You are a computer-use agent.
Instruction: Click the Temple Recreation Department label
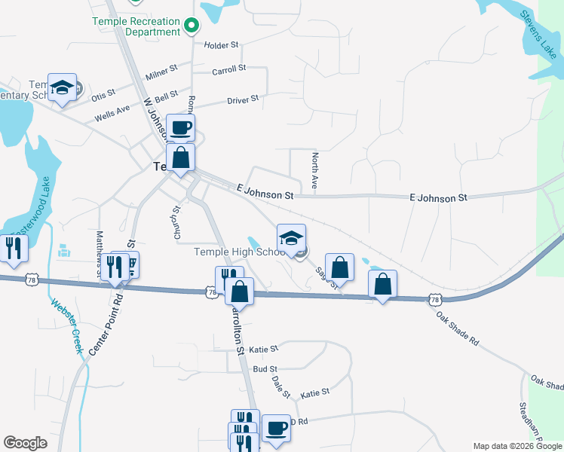click(136, 26)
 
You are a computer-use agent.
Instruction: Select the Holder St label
click(221, 45)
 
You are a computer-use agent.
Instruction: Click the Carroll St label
click(229, 69)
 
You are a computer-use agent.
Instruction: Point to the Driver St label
click(243, 99)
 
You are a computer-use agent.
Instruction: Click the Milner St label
click(161, 72)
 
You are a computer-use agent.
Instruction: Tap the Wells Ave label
click(112, 114)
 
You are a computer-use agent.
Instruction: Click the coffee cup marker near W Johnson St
click(180, 127)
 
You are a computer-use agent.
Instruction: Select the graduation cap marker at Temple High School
click(291, 238)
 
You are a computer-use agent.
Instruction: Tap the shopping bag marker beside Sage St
click(340, 268)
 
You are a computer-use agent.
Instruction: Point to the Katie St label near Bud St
click(264, 350)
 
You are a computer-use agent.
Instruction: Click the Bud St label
click(265, 369)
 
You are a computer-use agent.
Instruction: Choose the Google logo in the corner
click(25, 443)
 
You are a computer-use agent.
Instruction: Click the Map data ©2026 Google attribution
click(517, 446)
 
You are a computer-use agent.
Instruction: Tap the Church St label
click(176, 223)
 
